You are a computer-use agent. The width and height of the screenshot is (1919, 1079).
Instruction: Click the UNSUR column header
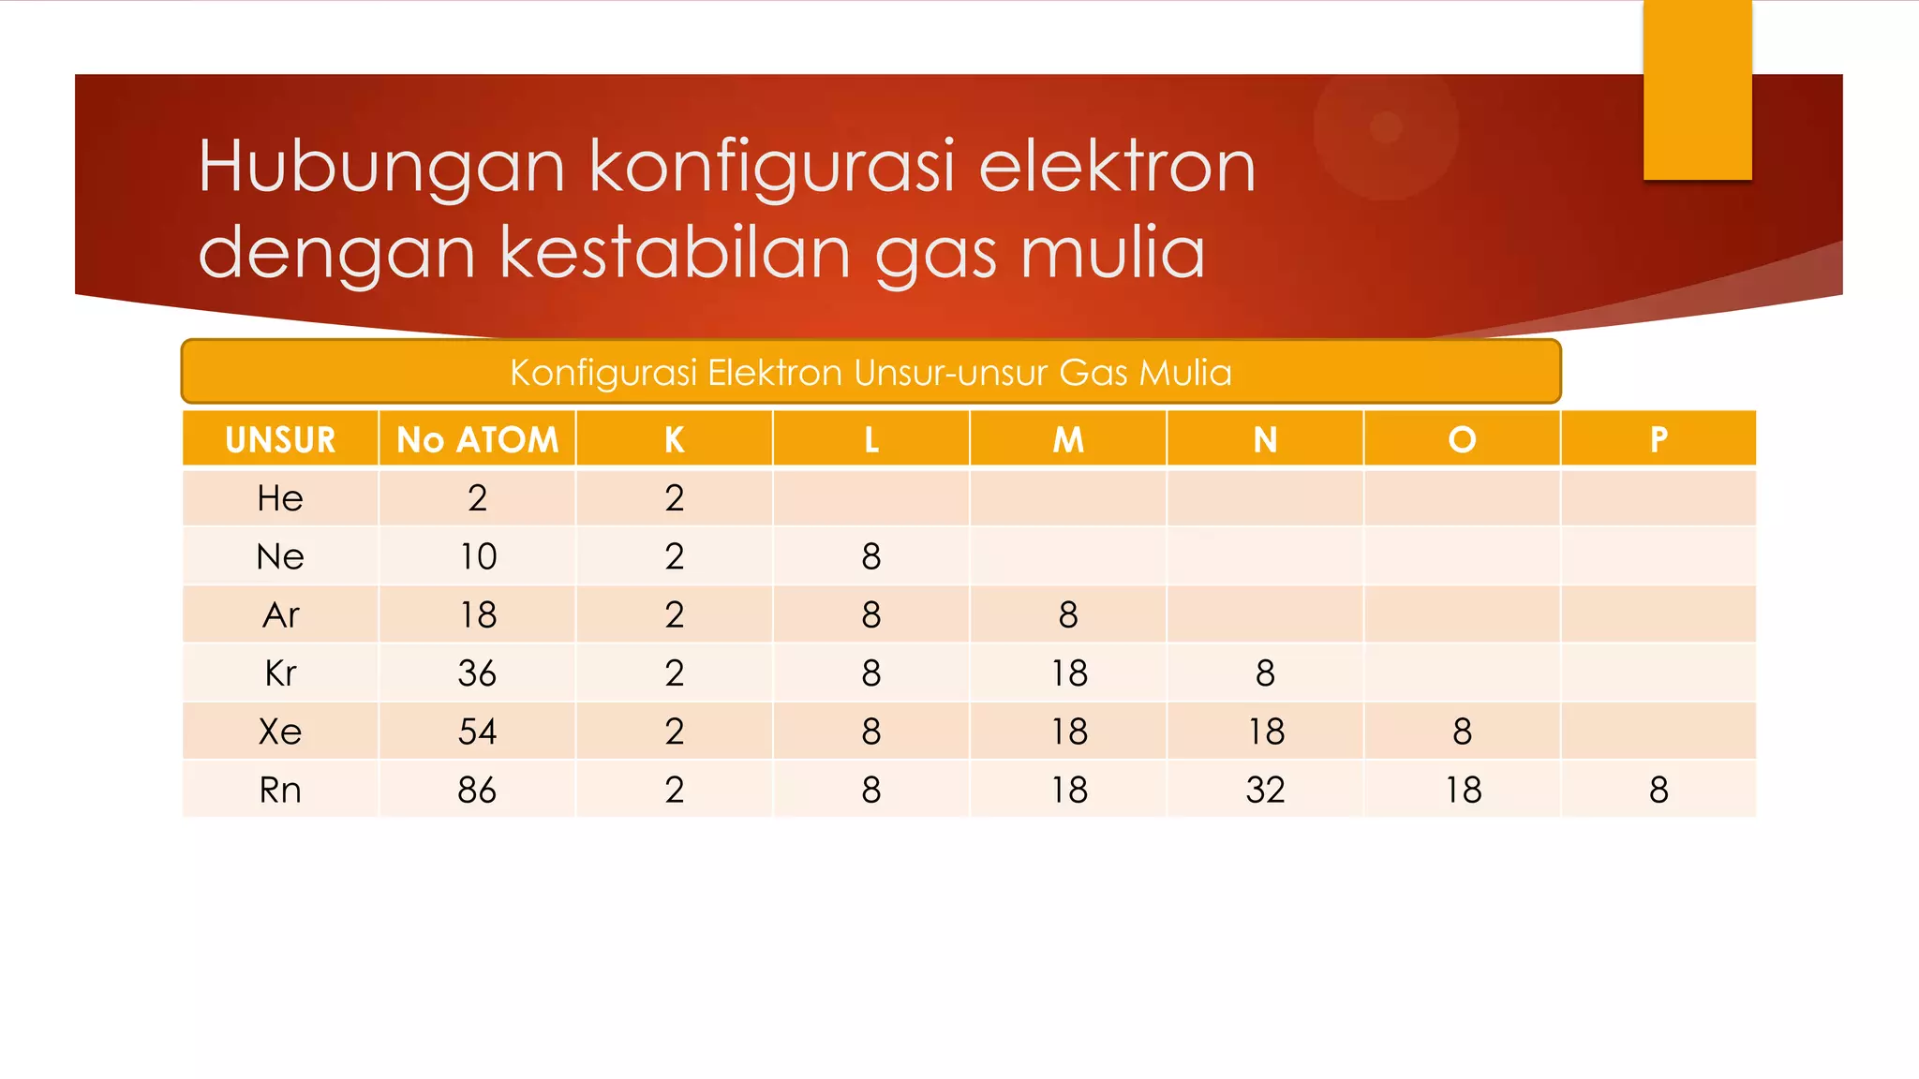tap(280, 439)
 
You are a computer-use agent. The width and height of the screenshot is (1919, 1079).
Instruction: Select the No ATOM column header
tap(477, 439)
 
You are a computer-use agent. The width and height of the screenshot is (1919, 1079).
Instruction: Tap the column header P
tap(1659, 439)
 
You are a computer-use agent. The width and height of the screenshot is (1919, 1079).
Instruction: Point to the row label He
tap(280, 498)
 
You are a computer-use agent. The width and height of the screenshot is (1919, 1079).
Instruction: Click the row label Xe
tap(280, 732)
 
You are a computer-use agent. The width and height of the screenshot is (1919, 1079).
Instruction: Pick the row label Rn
tap(280, 791)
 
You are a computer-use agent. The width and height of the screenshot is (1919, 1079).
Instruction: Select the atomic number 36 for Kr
tap(477, 673)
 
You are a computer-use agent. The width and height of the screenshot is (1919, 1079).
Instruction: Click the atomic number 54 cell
tap(477, 732)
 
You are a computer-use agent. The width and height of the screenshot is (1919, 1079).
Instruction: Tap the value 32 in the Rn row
tap(1265, 791)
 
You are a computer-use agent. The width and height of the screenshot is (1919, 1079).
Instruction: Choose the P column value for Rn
tap(1659, 791)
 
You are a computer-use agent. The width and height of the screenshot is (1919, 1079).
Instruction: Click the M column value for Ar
tap(1068, 615)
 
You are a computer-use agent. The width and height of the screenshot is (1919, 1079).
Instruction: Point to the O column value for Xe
tap(1462, 732)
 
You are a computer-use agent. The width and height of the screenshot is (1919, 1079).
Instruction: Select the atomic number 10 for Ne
tap(477, 557)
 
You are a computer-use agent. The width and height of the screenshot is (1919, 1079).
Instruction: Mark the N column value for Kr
tap(1265, 673)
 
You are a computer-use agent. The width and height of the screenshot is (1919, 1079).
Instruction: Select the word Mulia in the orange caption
tap(1185, 373)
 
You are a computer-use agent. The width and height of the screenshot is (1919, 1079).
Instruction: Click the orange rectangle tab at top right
tap(1697, 90)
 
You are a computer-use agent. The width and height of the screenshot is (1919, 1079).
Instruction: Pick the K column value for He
tap(675, 498)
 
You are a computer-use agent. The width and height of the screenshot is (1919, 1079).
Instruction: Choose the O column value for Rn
tap(1462, 791)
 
